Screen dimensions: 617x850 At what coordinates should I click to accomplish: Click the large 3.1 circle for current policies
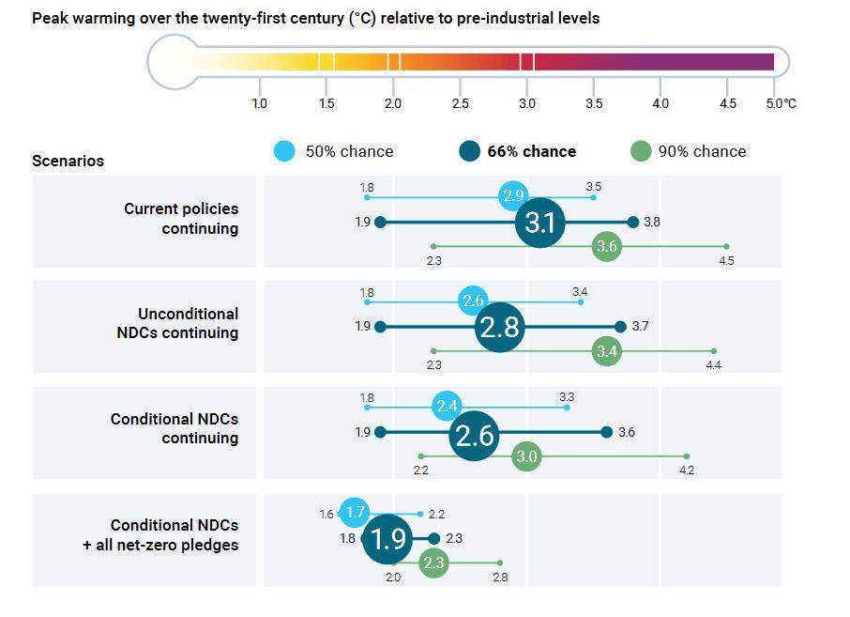pyautogui.click(x=540, y=223)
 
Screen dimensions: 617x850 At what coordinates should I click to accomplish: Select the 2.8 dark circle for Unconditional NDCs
pyautogui.click(x=499, y=327)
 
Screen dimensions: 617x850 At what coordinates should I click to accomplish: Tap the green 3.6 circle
pyautogui.click(x=607, y=247)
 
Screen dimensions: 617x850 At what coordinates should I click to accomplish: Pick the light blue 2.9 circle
pyautogui.click(x=512, y=196)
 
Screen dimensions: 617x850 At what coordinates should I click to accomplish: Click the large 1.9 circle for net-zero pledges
pyautogui.click(x=387, y=539)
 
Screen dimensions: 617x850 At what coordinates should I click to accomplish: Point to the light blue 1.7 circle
pyautogui.click(x=355, y=513)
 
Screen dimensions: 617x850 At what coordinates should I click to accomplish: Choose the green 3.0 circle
pyautogui.click(x=526, y=457)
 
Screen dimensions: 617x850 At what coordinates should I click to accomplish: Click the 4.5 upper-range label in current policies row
pyautogui.click(x=726, y=261)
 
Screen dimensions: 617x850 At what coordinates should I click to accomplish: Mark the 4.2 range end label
pyautogui.click(x=687, y=470)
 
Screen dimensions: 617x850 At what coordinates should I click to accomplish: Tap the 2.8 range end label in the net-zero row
pyautogui.click(x=500, y=578)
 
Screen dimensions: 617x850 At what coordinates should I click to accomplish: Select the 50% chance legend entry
pyautogui.click(x=334, y=151)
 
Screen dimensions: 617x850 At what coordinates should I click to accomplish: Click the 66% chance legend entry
pyautogui.click(x=517, y=151)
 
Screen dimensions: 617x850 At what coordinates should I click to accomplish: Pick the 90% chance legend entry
pyautogui.click(x=689, y=151)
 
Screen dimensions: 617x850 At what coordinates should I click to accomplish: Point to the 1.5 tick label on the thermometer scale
pyautogui.click(x=326, y=103)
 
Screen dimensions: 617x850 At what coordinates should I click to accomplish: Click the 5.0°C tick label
pyautogui.click(x=781, y=103)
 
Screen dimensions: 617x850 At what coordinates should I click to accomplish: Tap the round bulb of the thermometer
pyautogui.click(x=174, y=62)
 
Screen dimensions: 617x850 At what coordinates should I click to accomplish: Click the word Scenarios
pyautogui.click(x=68, y=161)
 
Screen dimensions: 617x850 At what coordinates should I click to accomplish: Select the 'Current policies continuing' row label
pyautogui.click(x=181, y=219)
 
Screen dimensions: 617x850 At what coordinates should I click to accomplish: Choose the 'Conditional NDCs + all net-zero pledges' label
pyautogui.click(x=160, y=535)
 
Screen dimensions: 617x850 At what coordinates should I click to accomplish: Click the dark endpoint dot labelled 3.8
pyautogui.click(x=633, y=223)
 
